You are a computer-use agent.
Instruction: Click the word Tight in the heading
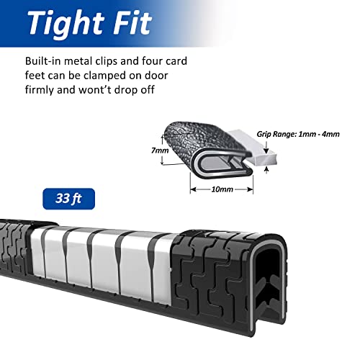(66, 24)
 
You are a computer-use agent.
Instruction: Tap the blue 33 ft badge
(69, 199)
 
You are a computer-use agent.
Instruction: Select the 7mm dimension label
(160, 150)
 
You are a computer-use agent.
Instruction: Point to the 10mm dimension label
(222, 189)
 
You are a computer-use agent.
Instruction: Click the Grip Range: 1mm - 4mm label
(298, 134)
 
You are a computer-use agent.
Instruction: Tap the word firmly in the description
(39, 91)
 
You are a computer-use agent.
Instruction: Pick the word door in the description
(156, 76)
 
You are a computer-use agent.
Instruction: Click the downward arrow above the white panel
(266, 148)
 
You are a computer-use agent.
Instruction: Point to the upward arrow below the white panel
(266, 170)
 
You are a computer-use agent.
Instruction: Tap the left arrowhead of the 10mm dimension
(194, 189)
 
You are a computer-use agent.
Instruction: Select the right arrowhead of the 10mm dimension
(250, 189)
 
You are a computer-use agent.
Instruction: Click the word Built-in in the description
(43, 61)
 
